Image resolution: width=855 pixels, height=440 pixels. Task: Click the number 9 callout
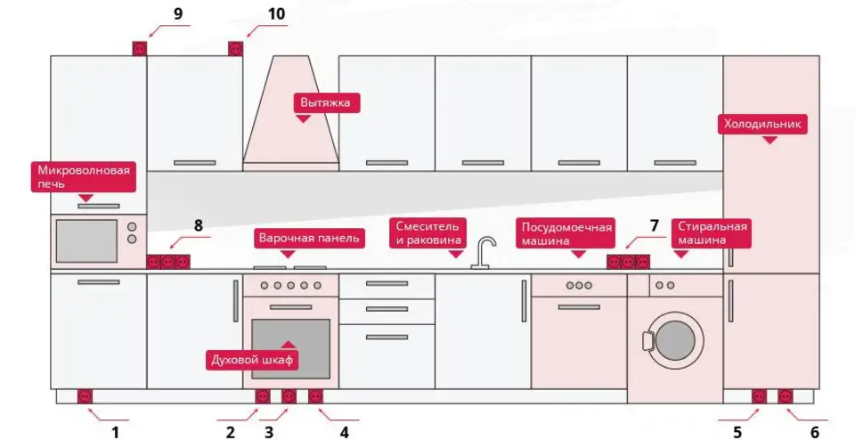178,14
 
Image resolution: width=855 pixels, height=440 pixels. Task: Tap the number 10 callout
276,14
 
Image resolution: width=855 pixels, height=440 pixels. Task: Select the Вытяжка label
326,102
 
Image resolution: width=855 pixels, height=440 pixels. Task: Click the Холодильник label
762,125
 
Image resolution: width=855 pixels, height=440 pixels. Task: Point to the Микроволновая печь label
84,177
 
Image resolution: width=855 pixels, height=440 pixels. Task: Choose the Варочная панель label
309,239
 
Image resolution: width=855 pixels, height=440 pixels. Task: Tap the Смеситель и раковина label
427,232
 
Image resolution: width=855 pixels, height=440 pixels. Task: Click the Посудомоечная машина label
566,233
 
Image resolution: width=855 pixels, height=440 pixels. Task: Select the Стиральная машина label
712,233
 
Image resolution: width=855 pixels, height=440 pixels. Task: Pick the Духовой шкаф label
252,360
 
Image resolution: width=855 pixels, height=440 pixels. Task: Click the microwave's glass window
86,241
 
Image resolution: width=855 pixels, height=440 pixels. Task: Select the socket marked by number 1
85,396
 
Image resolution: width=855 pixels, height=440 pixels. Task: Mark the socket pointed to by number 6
786,396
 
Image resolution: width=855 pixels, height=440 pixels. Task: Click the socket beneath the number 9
140,48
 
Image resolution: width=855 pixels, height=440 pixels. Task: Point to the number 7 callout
655,225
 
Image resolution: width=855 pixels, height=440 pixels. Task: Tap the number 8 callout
198,225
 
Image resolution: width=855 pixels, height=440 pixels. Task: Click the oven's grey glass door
290,349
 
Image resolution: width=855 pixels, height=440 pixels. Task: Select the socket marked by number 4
315,396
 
